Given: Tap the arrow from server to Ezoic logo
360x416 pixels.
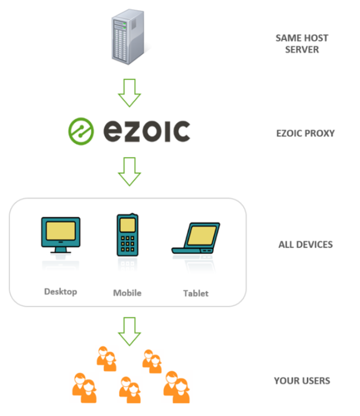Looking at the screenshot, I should [x=130, y=92].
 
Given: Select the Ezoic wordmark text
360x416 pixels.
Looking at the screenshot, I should [x=146, y=131].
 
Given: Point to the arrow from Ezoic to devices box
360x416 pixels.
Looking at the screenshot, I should [x=130, y=171].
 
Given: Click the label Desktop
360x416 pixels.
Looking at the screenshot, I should [x=60, y=291].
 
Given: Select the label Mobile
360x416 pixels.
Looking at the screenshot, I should [x=127, y=292].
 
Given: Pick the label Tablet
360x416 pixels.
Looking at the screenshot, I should [x=196, y=293].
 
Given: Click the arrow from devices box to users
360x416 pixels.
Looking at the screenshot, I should [x=130, y=331].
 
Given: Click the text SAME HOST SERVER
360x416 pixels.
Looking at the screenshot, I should [x=302, y=44].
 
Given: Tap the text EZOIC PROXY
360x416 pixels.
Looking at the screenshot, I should [x=305, y=133].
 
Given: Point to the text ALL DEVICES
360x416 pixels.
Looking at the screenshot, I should [x=305, y=244].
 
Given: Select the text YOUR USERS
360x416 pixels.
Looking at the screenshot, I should [x=302, y=381].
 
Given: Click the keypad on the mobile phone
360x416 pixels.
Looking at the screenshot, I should [x=127, y=243].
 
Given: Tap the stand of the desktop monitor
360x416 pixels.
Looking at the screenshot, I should [x=60, y=250].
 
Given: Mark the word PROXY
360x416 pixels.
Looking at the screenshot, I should [x=319, y=133].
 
